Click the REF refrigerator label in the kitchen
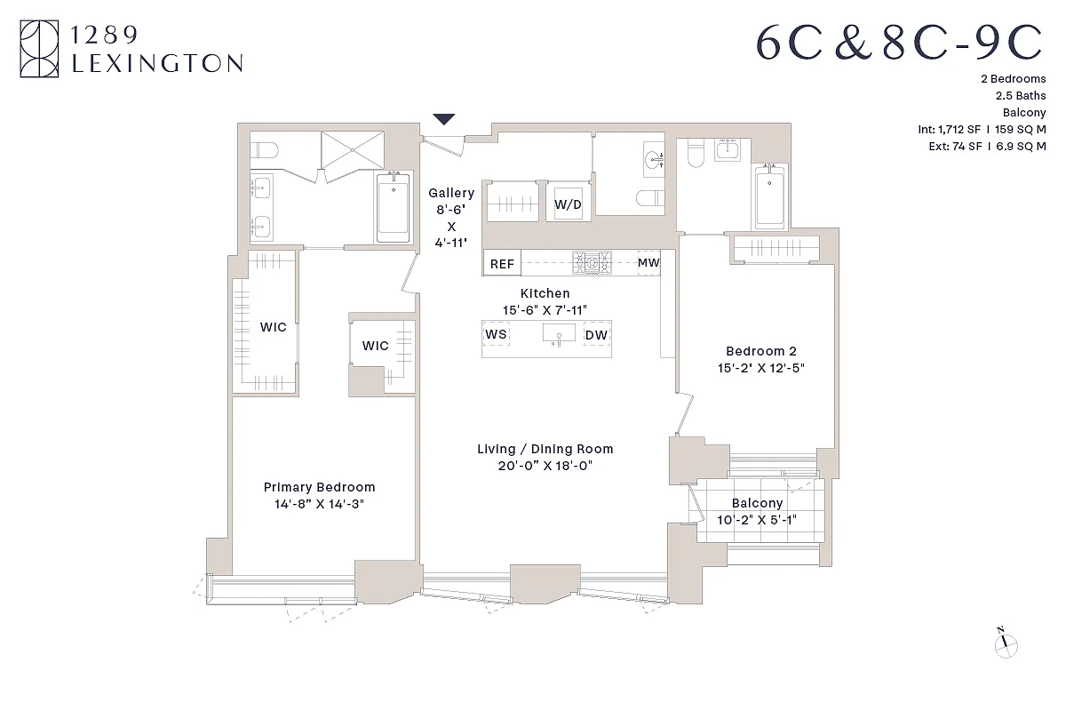point(502,264)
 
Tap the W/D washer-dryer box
point(568,204)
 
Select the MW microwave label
point(648,262)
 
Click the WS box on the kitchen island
point(496,334)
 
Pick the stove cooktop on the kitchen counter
point(593,261)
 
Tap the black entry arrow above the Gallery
point(443,119)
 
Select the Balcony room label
point(757,503)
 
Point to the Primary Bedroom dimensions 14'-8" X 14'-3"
point(320,504)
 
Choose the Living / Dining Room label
point(545,449)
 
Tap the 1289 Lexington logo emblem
point(40,49)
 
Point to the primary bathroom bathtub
point(392,207)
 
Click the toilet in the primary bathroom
point(265,148)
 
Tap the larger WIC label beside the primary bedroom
point(273,327)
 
